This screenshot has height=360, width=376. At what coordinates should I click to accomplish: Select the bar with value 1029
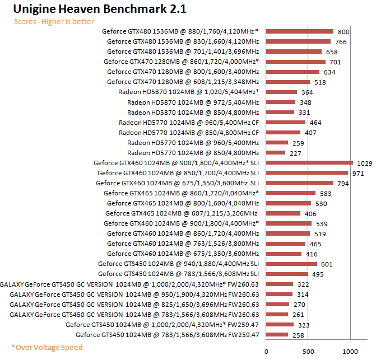309,163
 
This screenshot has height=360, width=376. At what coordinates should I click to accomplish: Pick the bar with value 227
276,153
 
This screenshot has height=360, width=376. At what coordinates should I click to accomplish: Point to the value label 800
343,32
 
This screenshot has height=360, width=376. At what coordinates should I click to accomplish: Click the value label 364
307,92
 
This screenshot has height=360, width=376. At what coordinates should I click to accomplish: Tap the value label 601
327,264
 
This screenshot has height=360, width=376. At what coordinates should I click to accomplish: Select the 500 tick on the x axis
308,351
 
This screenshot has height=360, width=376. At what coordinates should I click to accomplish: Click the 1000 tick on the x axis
350,351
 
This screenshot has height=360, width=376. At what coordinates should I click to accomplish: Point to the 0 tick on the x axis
266,351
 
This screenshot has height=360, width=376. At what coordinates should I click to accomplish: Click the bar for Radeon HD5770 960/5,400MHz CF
286,123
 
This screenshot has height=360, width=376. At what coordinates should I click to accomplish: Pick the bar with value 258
277,335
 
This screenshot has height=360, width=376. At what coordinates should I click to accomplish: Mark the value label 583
325,193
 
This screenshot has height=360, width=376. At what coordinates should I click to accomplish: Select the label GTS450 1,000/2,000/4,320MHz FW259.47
162,325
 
